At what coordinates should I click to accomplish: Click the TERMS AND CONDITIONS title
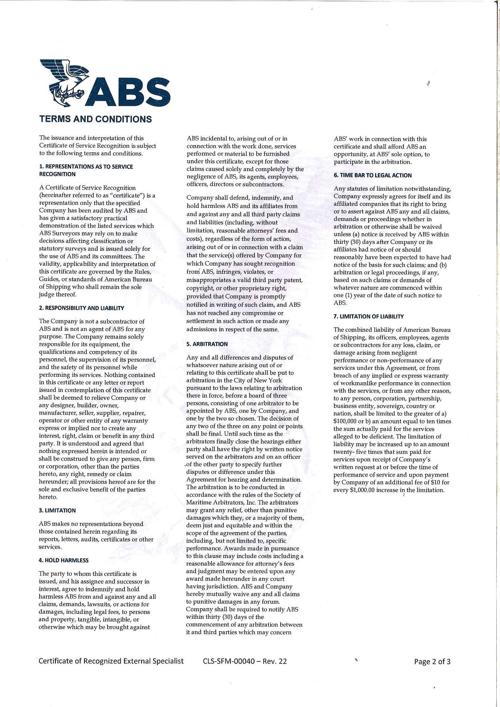point(96,119)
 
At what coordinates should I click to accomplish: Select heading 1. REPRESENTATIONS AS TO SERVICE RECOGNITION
point(86,170)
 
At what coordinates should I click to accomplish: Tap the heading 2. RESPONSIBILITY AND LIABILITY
point(81,308)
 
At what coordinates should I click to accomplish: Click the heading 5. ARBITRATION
point(207,344)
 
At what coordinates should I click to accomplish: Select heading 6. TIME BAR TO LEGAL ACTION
point(372,176)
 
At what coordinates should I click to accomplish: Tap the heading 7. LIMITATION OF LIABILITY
point(369,316)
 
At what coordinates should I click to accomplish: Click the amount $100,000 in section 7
point(346,421)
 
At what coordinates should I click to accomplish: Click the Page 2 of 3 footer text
point(432,661)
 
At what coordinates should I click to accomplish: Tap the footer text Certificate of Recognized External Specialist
point(111,661)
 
